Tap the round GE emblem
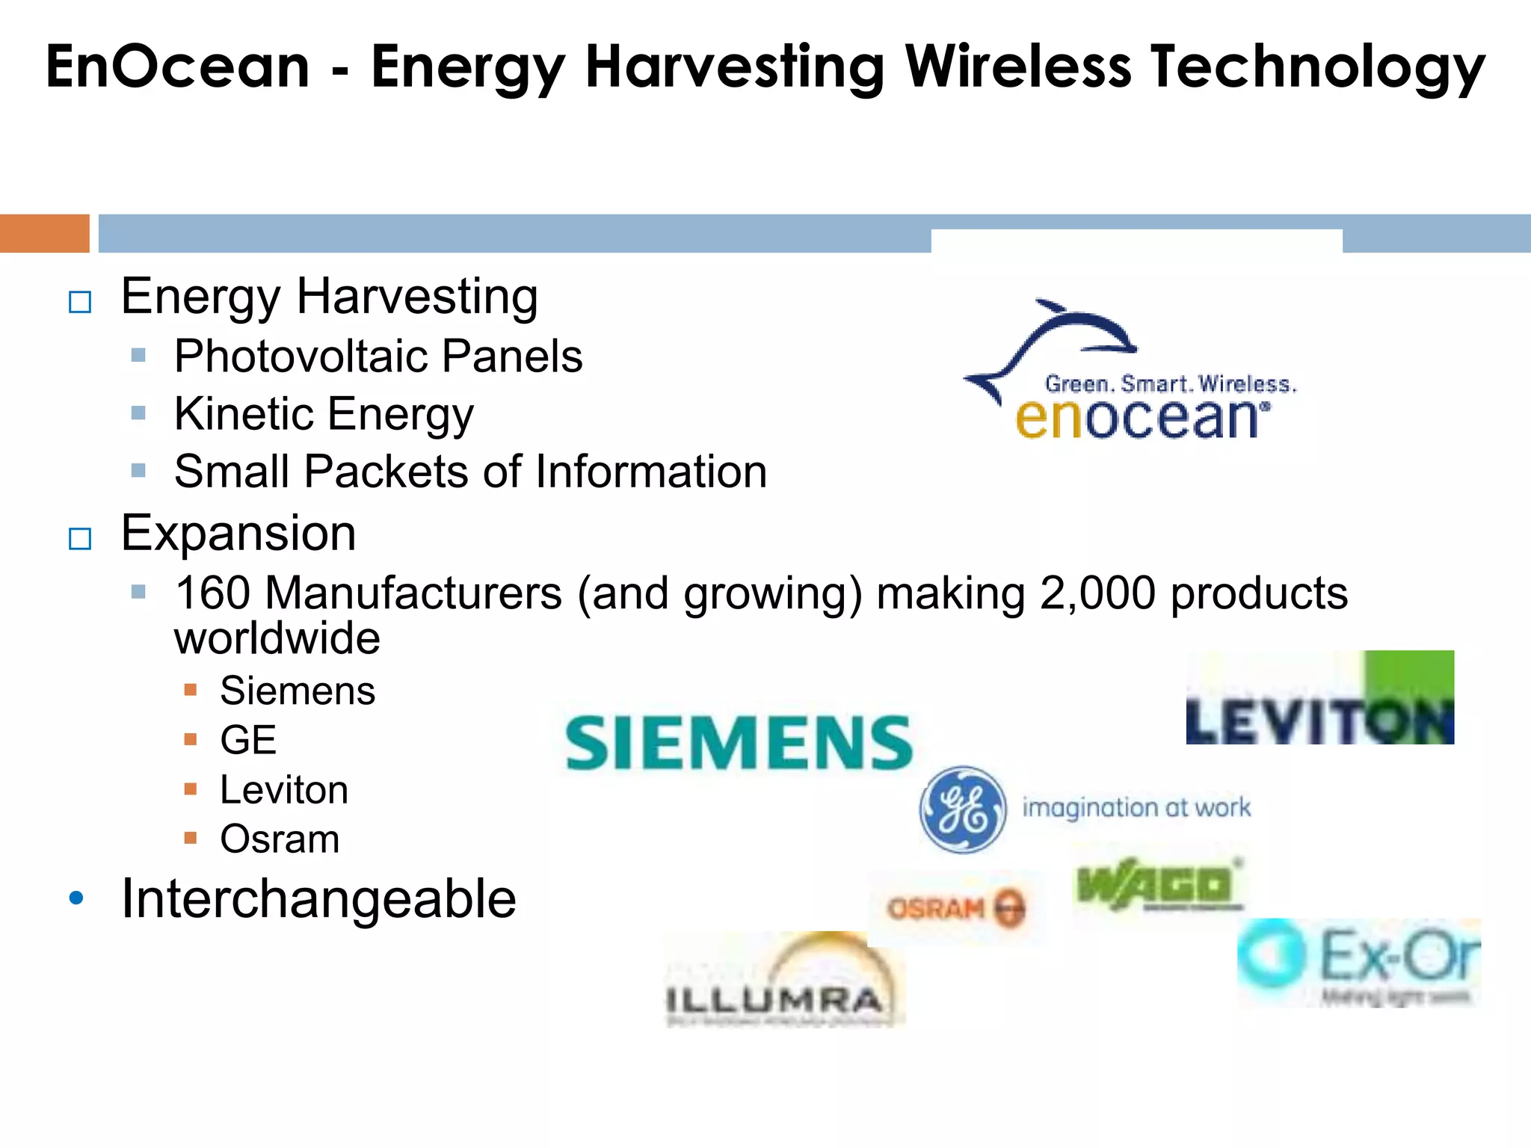click(961, 809)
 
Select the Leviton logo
click(1319, 699)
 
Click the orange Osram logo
click(956, 908)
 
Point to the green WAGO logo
click(1158, 885)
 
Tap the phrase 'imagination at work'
click(1136, 808)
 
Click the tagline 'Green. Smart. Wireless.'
click(1171, 384)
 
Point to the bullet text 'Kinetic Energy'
click(324, 414)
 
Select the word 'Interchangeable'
click(318, 898)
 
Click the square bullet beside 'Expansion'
click(80, 538)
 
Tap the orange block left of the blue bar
click(44, 233)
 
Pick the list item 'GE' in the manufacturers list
click(248, 740)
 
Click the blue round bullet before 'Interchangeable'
click(76, 898)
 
